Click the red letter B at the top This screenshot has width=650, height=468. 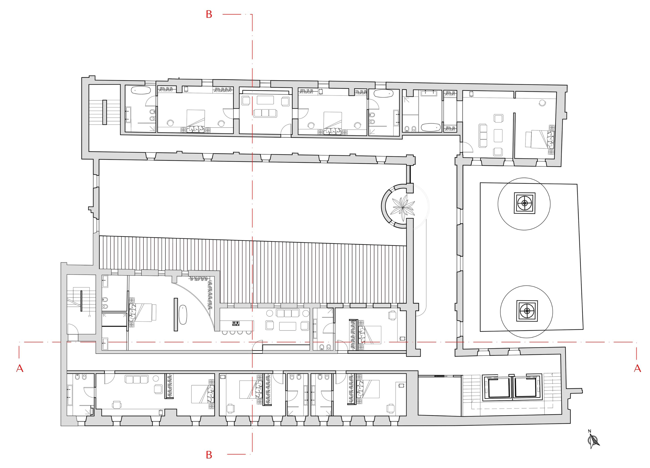pos(209,14)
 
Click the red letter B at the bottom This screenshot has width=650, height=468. pos(209,455)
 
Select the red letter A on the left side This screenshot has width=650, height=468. pos(20,368)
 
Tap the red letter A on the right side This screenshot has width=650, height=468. pos(637,368)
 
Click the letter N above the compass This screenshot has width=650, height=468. pos(590,431)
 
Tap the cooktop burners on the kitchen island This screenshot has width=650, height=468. pos(236,324)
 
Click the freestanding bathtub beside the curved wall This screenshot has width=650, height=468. pos(183,315)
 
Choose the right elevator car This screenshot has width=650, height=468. pos(525,388)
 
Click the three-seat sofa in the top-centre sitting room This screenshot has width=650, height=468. pos(265,113)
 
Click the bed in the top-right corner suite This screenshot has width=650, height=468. pos(539,139)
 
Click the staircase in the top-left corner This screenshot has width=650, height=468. pos(104,112)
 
